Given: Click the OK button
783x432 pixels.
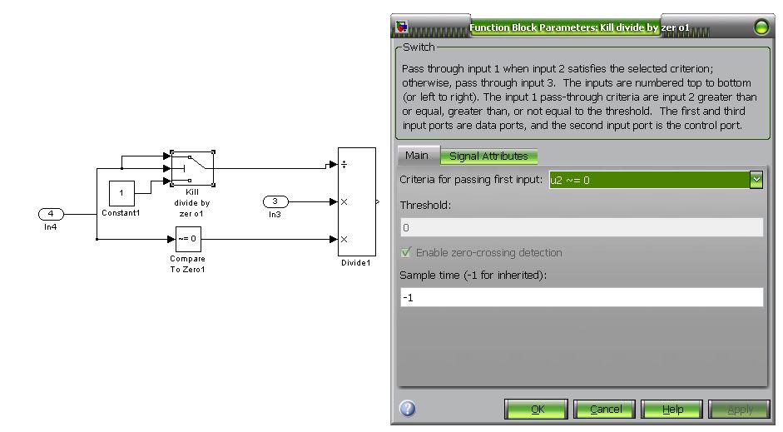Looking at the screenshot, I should [x=537, y=409].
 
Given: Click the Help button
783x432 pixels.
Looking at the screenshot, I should [x=672, y=409].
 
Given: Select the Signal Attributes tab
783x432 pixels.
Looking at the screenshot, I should [x=488, y=156].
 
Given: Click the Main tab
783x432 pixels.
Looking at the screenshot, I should [x=417, y=156].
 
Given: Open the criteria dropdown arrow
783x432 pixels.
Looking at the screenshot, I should [x=756, y=179].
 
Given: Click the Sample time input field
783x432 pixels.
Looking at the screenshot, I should [x=581, y=297].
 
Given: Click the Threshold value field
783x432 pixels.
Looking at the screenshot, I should [x=581, y=227].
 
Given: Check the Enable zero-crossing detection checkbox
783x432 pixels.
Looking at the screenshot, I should [x=406, y=252].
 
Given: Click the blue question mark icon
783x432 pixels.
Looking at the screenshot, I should [x=408, y=409].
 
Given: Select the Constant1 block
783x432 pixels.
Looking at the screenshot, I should [x=121, y=193].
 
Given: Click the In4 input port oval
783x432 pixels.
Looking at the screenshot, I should [x=52, y=214].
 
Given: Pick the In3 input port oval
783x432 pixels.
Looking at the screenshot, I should [x=275, y=201].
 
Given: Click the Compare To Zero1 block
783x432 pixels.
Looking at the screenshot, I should [x=187, y=240].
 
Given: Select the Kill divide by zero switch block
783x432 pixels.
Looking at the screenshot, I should [x=192, y=168].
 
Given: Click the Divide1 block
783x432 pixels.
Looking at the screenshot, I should [x=355, y=201].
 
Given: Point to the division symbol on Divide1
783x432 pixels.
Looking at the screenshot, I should [x=344, y=165].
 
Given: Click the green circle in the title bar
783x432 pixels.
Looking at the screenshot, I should [x=761, y=27].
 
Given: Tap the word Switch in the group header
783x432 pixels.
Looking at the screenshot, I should [x=419, y=47].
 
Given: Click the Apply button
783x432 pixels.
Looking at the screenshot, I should [x=739, y=409].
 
